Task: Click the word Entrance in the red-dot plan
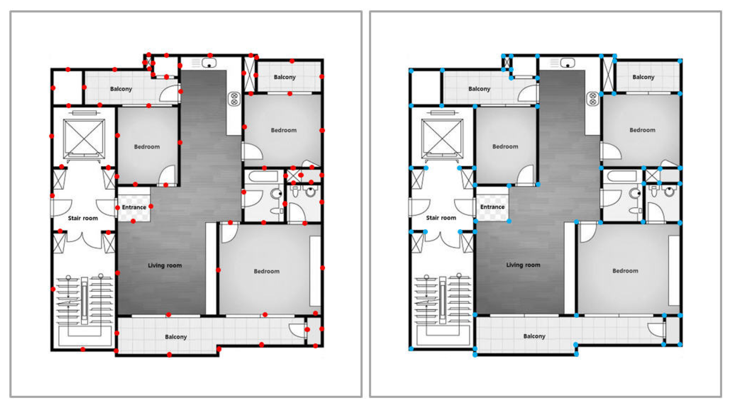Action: pyautogui.click(x=134, y=207)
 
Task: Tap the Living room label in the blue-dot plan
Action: pyautogui.click(x=523, y=265)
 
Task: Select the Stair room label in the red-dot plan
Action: pyautogui.click(x=83, y=218)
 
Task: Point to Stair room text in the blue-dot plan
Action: pyautogui.click(x=441, y=218)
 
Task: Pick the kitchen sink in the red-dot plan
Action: pyautogui.click(x=209, y=63)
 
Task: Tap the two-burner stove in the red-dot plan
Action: pyautogui.click(x=234, y=99)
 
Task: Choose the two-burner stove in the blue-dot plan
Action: pyautogui.click(x=592, y=99)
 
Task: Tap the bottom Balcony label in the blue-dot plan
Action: pyautogui.click(x=534, y=336)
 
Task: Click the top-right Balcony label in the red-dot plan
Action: pyautogui.click(x=285, y=77)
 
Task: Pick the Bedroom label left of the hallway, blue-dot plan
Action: pyautogui.click(x=505, y=147)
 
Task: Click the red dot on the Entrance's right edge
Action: pyautogui.click(x=151, y=206)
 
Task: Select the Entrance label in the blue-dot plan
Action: pyautogui.click(x=492, y=207)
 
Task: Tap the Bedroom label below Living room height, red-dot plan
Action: pyautogui.click(x=266, y=271)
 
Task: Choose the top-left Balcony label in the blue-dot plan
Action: pyautogui.click(x=479, y=89)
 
